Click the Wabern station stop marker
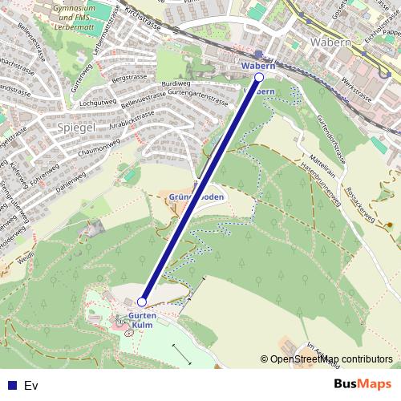point(258,77)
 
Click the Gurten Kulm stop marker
point(142,302)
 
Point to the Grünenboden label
point(197,196)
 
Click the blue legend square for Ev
point(9,385)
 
